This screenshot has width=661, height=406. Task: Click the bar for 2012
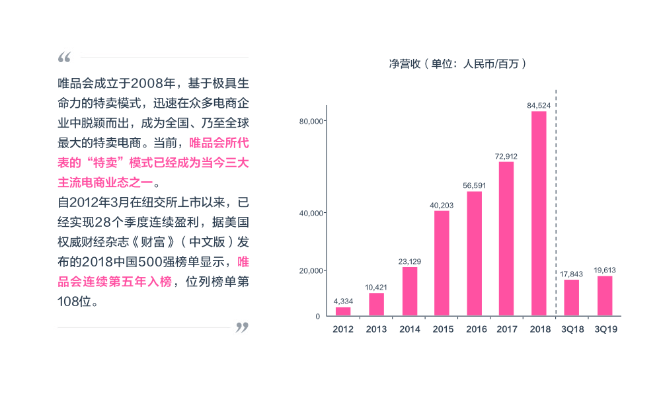click(343, 311)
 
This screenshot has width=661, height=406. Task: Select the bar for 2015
click(442, 263)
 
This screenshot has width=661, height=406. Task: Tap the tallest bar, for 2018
click(539, 214)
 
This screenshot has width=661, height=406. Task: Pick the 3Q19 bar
click(605, 296)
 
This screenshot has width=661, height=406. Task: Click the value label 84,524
click(539, 105)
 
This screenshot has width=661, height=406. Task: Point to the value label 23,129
click(410, 261)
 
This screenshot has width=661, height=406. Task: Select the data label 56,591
click(475, 185)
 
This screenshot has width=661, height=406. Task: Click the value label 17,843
click(572, 274)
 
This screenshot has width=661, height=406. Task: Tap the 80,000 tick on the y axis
click(310, 121)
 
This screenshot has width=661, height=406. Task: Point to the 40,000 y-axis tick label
click(310, 213)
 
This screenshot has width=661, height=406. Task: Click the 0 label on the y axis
click(317, 316)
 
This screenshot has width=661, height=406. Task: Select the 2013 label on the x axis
click(376, 329)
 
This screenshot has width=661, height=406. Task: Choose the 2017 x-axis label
click(506, 329)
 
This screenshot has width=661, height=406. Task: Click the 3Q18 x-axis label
click(572, 329)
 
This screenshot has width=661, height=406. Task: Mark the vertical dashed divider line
click(556, 198)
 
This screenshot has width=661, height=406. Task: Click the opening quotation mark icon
click(64, 58)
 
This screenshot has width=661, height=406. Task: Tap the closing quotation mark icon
click(242, 327)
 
